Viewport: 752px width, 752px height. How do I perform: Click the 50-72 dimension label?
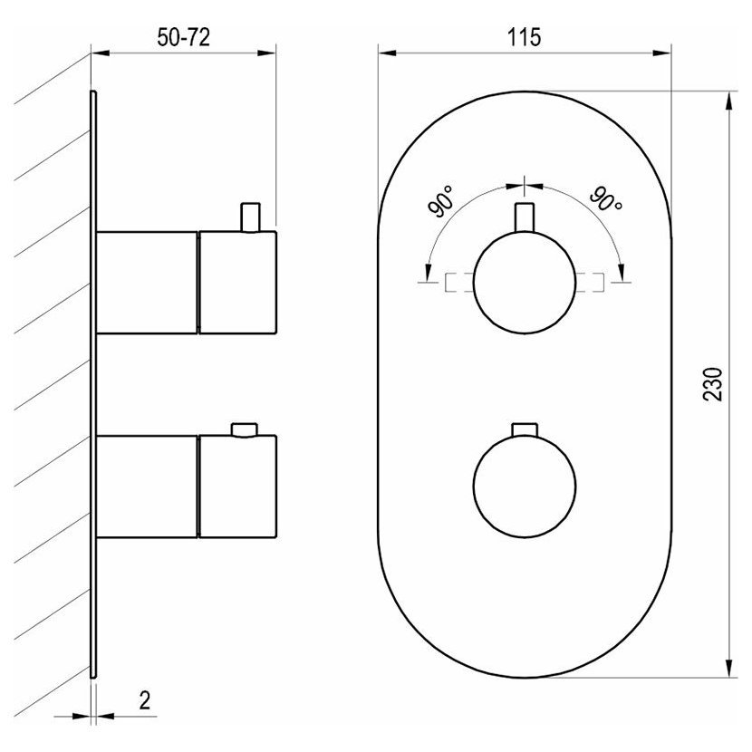(x=184, y=37)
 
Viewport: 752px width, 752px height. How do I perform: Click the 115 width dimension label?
(x=525, y=37)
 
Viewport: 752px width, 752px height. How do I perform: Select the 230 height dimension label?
(x=712, y=384)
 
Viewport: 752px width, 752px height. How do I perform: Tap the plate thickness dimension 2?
(x=144, y=700)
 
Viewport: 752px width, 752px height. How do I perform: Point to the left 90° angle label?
(x=441, y=202)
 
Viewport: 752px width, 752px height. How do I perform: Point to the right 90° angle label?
(x=606, y=199)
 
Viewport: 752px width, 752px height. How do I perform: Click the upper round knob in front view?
(x=525, y=283)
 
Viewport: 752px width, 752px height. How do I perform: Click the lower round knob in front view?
(x=525, y=487)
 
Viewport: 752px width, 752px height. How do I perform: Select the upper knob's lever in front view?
(x=525, y=218)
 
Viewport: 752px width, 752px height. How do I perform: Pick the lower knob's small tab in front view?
(x=525, y=429)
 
